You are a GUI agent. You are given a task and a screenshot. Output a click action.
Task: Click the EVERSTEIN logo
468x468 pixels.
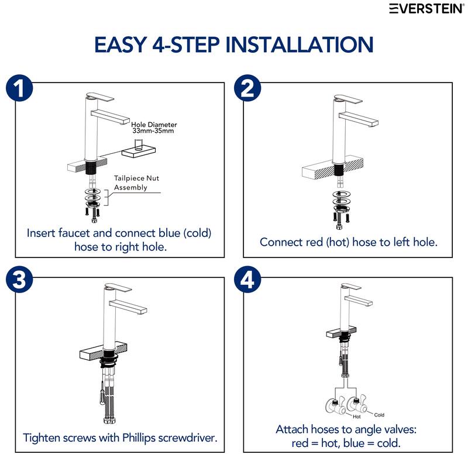pos(427,8)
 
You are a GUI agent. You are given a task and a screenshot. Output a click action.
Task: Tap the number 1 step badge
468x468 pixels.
pos(19,88)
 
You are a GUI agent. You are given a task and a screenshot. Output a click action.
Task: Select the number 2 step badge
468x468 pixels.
pos(247,88)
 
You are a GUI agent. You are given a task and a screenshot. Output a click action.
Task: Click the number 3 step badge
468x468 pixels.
pos(19,280)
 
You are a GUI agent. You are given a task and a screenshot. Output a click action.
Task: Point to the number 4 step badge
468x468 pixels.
pos(247,280)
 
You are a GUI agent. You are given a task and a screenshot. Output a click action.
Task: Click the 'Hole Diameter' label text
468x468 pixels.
pos(154,125)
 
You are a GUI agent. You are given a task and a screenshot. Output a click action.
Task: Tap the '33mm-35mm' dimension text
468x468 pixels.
pos(153,130)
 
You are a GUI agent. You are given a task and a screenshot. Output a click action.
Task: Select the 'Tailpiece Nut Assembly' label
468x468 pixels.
pos(136,183)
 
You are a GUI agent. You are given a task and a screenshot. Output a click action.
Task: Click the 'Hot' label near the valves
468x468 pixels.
pos(357,417)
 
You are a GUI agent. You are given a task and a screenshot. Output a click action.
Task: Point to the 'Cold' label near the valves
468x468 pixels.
pos(379,415)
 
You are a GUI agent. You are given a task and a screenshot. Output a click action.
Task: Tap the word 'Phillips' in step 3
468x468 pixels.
pos(139,438)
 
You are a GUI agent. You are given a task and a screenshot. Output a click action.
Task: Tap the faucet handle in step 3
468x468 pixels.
pos(118,288)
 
